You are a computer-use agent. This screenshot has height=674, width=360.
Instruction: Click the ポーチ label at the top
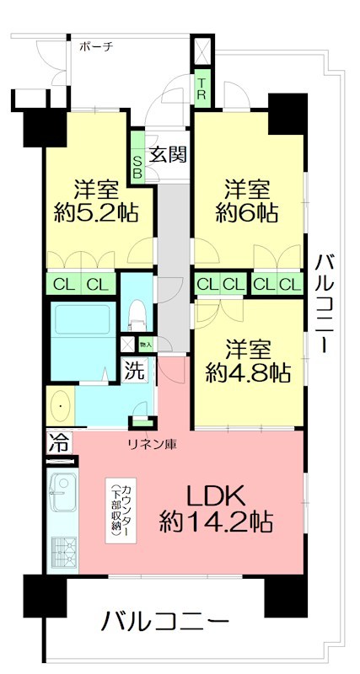click(x=96, y=47)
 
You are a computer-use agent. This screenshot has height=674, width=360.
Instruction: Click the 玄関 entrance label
click(x=167, y=154)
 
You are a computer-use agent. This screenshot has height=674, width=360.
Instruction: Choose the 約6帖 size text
click(x=247, y=212)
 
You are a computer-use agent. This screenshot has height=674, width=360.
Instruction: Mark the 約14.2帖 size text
click(x=217, y=522)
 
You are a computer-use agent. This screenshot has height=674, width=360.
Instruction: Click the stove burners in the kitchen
click(x=62, y=552)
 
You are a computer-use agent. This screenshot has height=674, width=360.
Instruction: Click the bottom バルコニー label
click(x=166, y=623)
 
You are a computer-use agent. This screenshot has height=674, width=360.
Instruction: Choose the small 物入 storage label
click(x=145, y=344)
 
